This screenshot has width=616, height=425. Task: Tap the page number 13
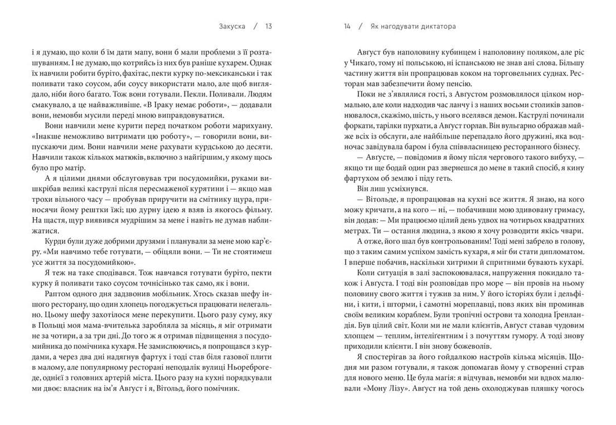coord(269,26)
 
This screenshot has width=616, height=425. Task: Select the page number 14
coord(347,26)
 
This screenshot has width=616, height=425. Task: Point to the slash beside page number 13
coord(256,26)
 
